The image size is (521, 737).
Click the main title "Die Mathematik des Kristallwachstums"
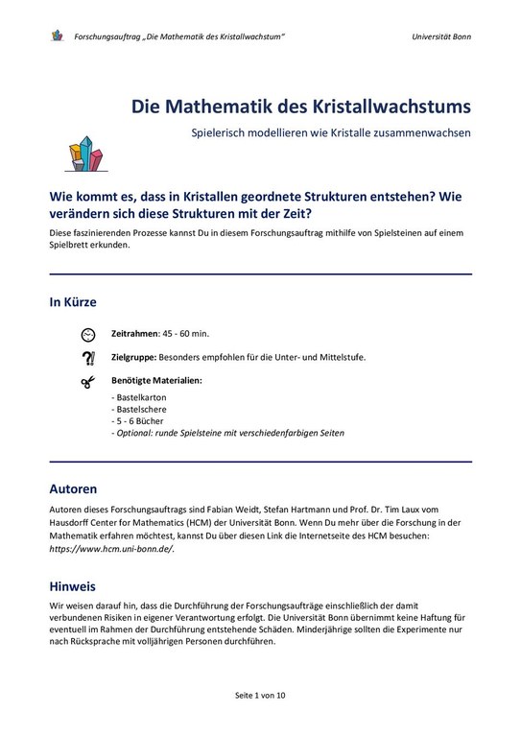300,105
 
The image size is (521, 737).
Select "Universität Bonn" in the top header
440,36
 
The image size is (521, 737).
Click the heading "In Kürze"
73,302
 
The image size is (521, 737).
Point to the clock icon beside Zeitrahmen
88,333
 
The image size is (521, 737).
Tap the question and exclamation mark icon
88,358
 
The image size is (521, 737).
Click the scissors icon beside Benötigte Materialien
88,382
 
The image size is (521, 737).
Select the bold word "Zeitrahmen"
134,333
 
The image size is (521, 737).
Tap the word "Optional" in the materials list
134,433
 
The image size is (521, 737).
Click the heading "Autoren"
73,488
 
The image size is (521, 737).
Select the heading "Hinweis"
73,585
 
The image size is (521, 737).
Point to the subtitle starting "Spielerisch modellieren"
331,132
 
